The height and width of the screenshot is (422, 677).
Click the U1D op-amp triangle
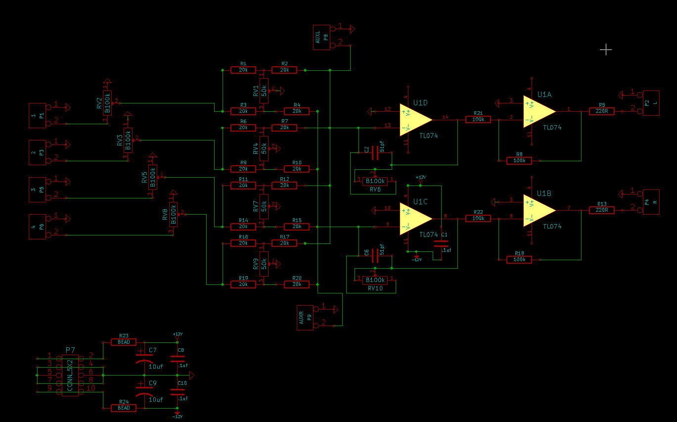coord(415,119)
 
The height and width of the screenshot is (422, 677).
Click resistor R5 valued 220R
coord(602,111)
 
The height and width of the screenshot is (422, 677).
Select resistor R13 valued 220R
coord(602,210)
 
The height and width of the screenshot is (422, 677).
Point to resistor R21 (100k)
coord(478,119)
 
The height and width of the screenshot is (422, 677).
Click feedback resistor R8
coord(519,161)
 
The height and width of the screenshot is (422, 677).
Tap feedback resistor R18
coord(519,259)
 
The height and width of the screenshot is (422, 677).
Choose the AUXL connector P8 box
coord(320,37)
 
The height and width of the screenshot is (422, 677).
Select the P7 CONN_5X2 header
coord(70,375)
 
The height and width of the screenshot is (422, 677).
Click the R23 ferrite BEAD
coord(124,342)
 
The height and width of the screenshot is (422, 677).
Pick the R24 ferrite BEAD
coord(124,408)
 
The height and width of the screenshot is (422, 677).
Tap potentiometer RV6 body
coord(375,181)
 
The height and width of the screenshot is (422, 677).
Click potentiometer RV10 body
coord(375,280)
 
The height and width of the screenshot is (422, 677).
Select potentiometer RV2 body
coord(107,103)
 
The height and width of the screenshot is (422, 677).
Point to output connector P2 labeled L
coord(648,102)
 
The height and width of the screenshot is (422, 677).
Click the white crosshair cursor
coord(606,49)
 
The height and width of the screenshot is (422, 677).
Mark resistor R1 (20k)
coord(243,70)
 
